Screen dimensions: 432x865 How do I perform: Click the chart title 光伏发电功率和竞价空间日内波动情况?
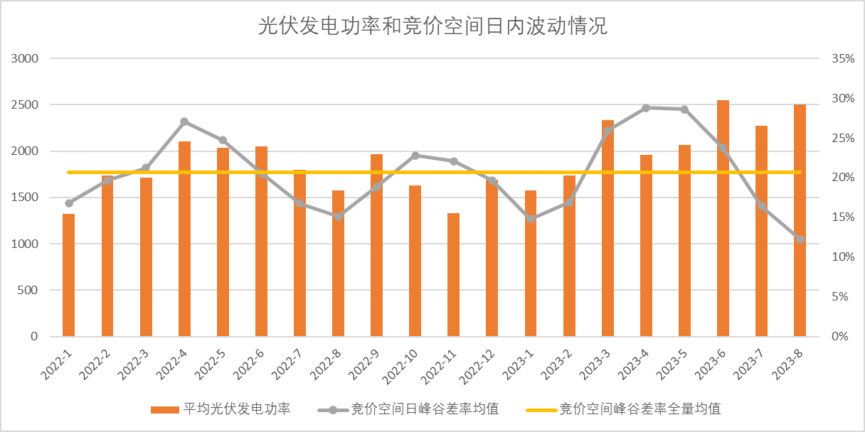[x=432, y=27]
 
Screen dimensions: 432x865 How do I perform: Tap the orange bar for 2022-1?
[x=68, y=275]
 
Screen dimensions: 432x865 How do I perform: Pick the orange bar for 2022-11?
[x=454, y=275]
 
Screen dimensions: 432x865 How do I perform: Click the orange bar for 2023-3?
[x=607, y=228]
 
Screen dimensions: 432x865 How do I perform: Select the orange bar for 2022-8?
[x=339, y=264]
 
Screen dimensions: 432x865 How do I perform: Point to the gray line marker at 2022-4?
[x=184, y=121]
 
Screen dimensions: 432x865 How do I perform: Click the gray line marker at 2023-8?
[x=800, y=239]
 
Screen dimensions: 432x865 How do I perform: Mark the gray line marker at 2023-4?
[x=646, y=108]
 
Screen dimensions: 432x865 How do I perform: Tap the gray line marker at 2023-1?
[x=531, y=219]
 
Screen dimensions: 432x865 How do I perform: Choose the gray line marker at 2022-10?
[x=415, y=155]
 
